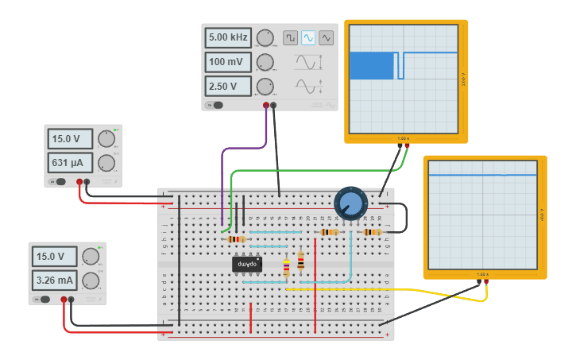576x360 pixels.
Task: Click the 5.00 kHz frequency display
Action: (x=228, y=37)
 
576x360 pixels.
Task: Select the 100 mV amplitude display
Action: (x=228, y=62)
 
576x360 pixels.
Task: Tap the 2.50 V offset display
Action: (x=228, y=86)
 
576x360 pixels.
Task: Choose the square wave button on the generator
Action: (x=290, y=37)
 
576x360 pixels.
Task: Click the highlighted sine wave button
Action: (x=308, y=37)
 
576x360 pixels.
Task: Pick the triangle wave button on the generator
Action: (x=327, y=37)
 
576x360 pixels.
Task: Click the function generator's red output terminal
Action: (x=266, y=104)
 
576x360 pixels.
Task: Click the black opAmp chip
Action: (x=247, y=264)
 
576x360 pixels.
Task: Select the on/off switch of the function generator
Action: (x=215, y=104)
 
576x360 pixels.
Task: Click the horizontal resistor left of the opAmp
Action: (x=235, y=239)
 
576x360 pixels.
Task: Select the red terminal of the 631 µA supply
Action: (x=79, y=182)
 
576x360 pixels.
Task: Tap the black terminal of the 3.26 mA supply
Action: (x=72, y=300)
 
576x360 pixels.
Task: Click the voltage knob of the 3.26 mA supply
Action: (x=91, y=257)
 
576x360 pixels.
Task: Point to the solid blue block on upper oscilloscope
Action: (x=372, y=65)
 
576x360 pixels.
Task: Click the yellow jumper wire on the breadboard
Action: (x=381, y=291)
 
